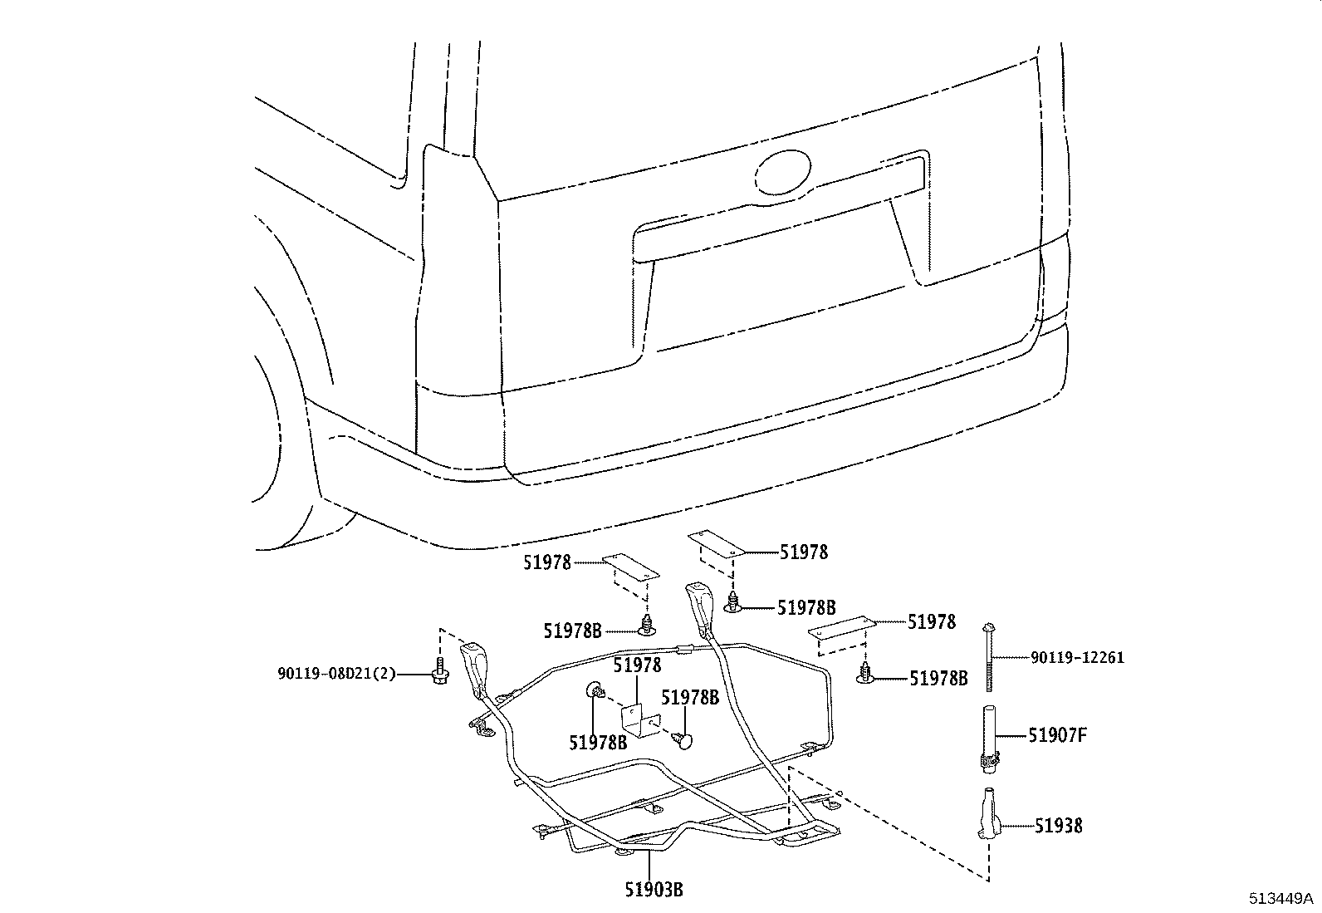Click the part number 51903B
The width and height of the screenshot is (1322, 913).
tap(654, 890)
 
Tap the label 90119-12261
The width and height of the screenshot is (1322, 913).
tap(1077, 657)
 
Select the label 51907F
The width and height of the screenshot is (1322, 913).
tap(1057, 735)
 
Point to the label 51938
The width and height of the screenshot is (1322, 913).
tap(1058, 826)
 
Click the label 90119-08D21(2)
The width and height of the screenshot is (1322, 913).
tap(336, 674)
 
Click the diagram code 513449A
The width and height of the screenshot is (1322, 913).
tap(1281, 899)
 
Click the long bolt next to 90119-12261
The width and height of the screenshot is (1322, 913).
tap(989, 656)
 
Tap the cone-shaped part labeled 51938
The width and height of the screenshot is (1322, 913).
tap(987, 817)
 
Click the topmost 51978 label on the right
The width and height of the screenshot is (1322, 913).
tap(803, 552)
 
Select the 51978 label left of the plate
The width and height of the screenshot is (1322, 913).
tap(547, 562)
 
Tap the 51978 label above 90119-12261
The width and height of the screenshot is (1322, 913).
tap(932, 621)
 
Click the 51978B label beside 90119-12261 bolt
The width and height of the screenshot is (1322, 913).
tap(938, 679)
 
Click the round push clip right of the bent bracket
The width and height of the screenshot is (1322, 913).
tap(683, 739)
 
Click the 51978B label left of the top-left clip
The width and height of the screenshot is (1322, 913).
tap(573, 631)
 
